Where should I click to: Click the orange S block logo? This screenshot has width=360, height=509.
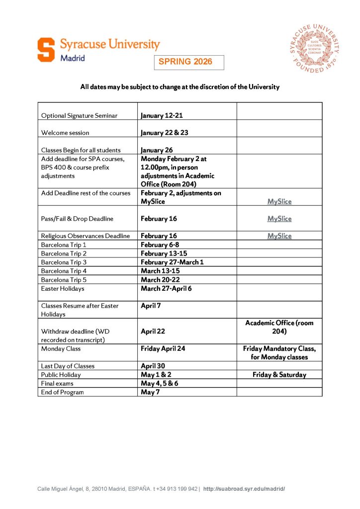pos(46,50)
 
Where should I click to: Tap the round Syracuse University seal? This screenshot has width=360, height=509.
pos(315,48)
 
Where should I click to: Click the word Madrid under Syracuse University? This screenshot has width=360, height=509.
pos(73,58)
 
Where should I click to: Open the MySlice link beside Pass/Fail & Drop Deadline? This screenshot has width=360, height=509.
pos(279,219)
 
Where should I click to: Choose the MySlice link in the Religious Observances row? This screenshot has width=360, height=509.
pos(279,236)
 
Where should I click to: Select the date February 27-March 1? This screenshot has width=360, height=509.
pos(172,262)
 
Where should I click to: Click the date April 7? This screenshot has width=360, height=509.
pos(151,306)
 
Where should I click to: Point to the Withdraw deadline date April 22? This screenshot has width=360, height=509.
pos(153,331)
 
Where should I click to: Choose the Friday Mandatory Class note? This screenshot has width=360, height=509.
pos(279,353)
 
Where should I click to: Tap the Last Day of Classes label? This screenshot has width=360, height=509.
pos(68,366)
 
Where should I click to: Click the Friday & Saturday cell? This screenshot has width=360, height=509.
pos(279,375)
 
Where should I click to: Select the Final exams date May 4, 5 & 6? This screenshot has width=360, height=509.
pos(162,383)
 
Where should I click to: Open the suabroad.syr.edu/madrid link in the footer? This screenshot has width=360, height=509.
pos(244,489)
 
